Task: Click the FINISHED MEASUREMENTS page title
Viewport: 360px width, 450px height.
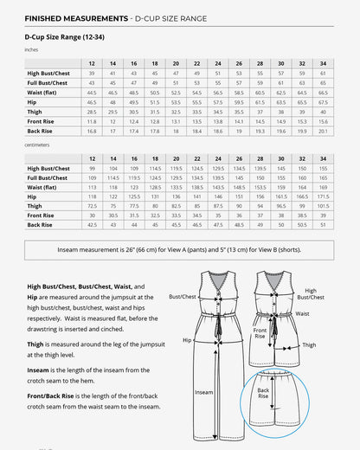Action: click(x=72, y=17)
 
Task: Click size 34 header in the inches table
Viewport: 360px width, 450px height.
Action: click(x=323, y=64)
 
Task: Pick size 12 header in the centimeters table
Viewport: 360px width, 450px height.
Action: click(x=92, y=159)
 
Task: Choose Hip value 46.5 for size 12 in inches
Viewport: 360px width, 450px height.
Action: click(x=92, y=101)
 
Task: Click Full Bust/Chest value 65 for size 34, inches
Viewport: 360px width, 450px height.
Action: click(x=323, y=82)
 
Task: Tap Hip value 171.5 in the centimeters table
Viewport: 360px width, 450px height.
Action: click(x=323, y=196)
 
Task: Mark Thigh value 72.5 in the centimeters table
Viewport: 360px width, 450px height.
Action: click(x=92, y=206)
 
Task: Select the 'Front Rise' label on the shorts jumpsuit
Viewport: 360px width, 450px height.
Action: click(x=260, y=333)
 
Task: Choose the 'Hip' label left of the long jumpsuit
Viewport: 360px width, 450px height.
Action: click(x=187, y=340)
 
